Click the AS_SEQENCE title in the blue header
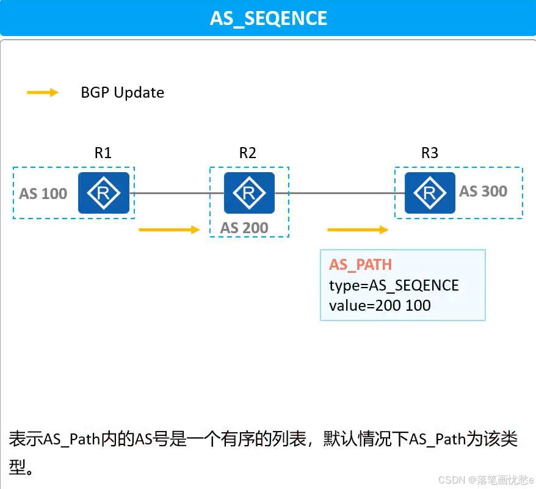[x=269, y=18]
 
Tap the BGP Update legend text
[x=122, y=93]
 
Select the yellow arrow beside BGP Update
[x=42, y=93]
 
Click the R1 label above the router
[x=103, y=153]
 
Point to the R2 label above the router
[x=247, y=153]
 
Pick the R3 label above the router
[x=430, y=153]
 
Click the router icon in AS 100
[x=103, y=193]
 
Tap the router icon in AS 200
[x=249, y=193]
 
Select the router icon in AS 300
[x=430, y=193]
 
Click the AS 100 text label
[x=43, y=194]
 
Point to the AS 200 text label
[x=244, y=228]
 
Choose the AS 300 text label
[x=483, y=192]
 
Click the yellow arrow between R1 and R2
[x=170, y=230]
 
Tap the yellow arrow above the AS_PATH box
[x=358, y=230]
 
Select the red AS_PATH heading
[x=360, y=264]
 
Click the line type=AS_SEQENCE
[x=393, y=285]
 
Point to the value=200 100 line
[x=380, y=305]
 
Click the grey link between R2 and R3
[x=339, y=194]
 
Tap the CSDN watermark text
[x=485, y=480]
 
